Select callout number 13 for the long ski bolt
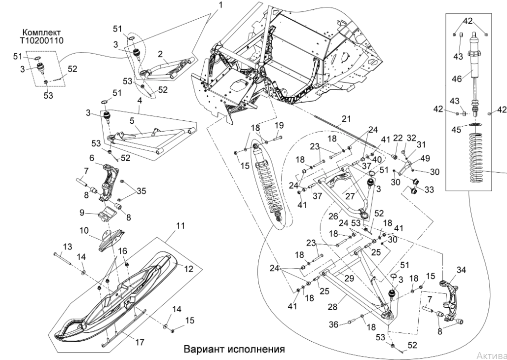tap(67, 246)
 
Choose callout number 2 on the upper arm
tap(160, 53)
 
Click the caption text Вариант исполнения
tap(234, 349)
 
